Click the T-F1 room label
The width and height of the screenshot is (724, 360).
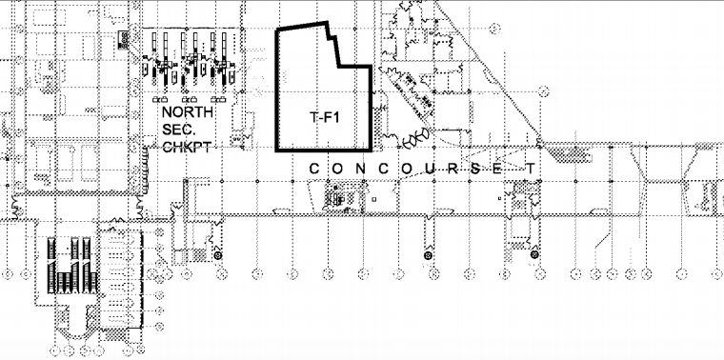(324, 118)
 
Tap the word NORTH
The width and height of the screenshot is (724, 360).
(188, 112)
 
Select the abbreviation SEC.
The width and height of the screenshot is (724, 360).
(175, 130)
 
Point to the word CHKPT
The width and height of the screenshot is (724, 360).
(187, 148)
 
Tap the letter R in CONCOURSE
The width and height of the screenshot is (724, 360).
(454, 169)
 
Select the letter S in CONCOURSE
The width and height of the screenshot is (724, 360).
(475, 169)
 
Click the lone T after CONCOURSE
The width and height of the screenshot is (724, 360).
(532, 169)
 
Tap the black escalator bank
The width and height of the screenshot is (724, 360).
(72, 266)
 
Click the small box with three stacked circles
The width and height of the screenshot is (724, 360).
(124, 40)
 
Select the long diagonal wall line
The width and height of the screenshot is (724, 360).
(489, 74)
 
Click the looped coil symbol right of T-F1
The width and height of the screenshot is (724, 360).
(416, 137)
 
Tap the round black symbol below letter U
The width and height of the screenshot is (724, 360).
(428, 255)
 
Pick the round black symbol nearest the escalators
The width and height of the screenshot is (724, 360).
(217, 255)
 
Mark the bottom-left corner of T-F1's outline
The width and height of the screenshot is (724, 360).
(276, 150)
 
